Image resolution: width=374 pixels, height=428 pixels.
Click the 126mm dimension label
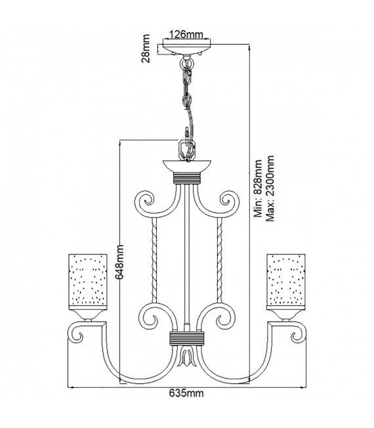point(186,35)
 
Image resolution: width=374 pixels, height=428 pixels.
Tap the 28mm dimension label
point(146,49)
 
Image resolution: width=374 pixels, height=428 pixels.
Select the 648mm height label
point(119,262)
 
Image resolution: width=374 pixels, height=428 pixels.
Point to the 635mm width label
point(186,393)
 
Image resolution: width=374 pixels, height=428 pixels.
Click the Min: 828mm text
point(258,188)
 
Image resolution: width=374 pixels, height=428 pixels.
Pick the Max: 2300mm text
point(270,188)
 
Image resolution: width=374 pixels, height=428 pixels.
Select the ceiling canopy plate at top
point(187,49)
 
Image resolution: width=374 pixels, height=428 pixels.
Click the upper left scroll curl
point(144,202)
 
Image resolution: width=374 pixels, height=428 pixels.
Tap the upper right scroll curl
point(230,202)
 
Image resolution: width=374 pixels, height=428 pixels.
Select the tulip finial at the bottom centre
point(187,356)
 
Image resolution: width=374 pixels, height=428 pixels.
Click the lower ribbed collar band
point(187,339)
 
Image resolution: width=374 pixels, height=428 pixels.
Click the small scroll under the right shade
point(299,335)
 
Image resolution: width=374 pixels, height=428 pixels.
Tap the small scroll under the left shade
point(75,335)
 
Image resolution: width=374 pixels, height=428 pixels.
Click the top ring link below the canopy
point(187,64)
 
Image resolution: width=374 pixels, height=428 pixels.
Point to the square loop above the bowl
point(187,150)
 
